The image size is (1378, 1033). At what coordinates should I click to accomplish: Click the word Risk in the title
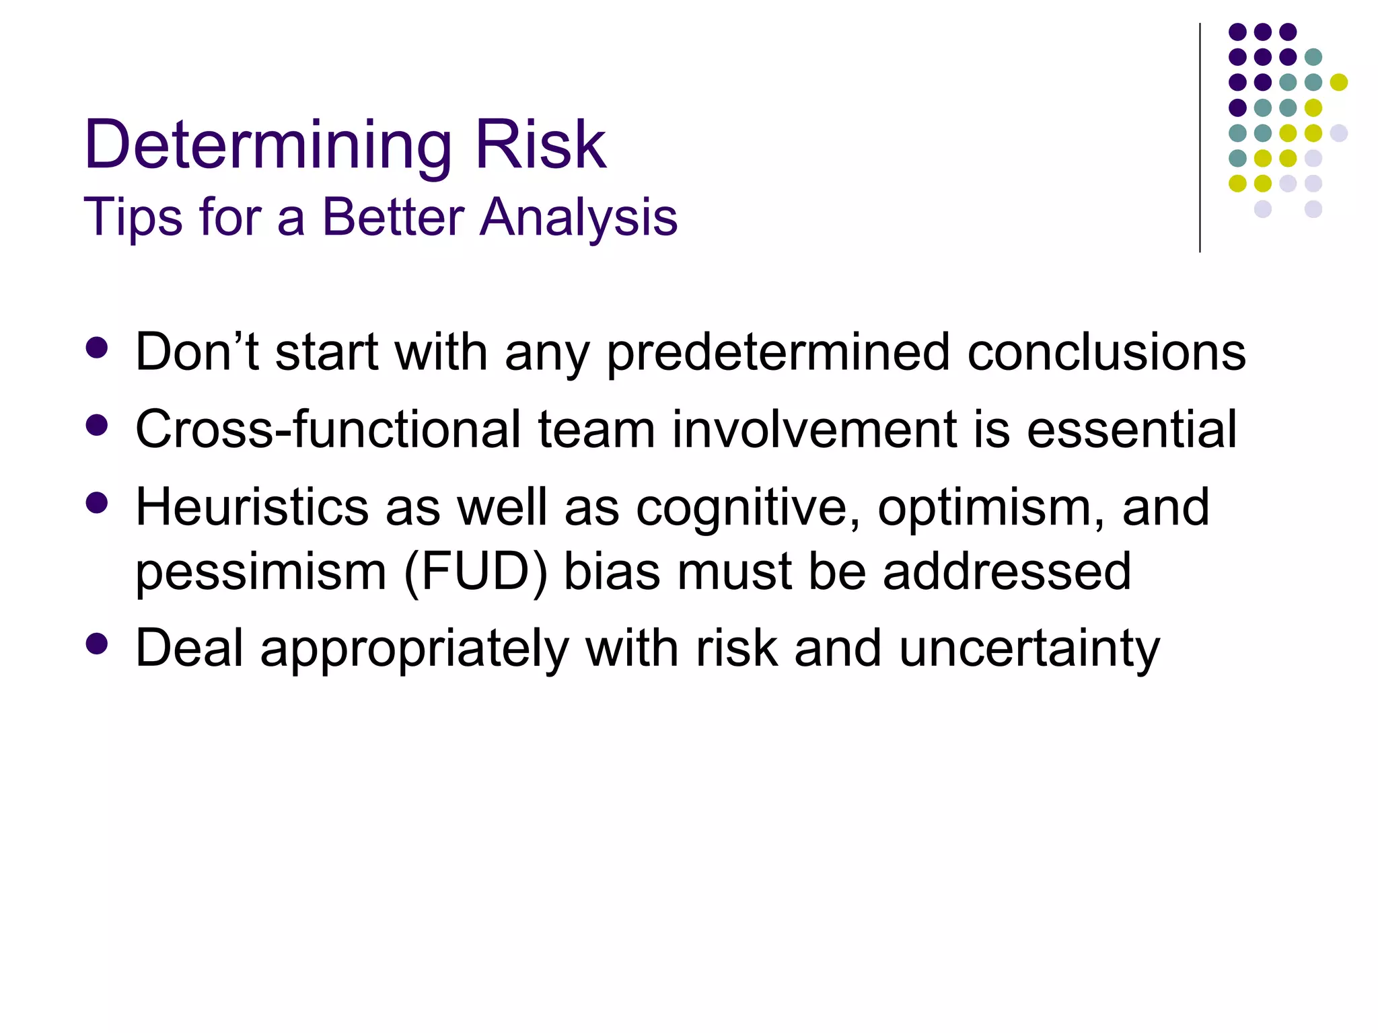point(540,145)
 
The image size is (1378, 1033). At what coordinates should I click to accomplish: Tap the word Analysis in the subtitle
point(578,218)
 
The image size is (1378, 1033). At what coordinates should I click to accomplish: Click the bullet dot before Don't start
point(98,348)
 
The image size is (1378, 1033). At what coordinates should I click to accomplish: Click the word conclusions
point(1106,352)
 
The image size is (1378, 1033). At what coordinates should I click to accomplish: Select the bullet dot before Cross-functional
point(98,425)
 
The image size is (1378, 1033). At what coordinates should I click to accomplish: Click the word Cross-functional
point(328,430)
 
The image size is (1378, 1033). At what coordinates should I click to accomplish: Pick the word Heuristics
point(252,507)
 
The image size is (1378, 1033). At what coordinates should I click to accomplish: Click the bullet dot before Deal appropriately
point(98,644)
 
